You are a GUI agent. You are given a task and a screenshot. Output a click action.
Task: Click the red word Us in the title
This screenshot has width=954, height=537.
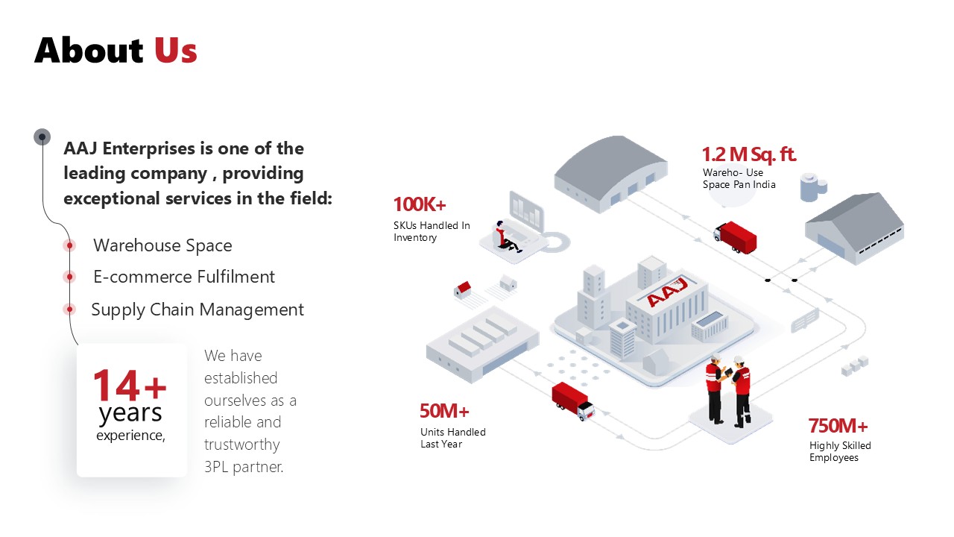click(x=176, y=50)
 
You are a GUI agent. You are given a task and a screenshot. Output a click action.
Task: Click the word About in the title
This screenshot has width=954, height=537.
click(x=89, y=50)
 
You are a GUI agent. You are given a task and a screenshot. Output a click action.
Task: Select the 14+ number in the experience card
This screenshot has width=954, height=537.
click(x=129, y=385)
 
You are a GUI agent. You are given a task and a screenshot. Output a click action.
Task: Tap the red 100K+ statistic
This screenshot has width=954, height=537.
click(x=420, y=204)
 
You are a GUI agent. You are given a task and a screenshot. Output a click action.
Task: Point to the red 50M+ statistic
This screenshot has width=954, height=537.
click(x=444, y=411)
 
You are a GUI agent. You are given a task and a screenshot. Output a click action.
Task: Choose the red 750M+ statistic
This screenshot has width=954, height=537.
click(x=838, y=426)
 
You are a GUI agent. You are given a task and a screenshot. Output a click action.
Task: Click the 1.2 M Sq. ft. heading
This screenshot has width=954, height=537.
click(x=748, y=154)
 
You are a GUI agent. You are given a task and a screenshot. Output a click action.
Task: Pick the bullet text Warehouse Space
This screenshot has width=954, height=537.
click(x=162, y=245)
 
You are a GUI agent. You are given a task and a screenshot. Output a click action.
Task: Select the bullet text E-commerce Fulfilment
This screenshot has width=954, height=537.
click(x=184, y=277)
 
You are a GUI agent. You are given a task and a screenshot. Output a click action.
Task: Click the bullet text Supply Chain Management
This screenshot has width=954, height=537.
click(x=198, y=310)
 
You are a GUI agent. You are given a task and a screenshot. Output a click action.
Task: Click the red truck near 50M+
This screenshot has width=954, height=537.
click(x=572, y=400)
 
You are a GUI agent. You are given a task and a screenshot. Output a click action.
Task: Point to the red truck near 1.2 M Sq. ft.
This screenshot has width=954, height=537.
click(x=736, y=236)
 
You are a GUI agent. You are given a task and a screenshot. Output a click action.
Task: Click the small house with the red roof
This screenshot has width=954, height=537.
click(x=464, y=289)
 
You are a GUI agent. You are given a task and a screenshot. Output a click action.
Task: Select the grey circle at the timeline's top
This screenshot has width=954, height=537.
click(x=42, y=136)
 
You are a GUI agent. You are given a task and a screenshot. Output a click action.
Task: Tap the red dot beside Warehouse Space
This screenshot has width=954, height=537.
click(x=69, y=245)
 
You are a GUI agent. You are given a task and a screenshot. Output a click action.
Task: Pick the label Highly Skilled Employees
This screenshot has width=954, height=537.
click(x=840, y=451)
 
